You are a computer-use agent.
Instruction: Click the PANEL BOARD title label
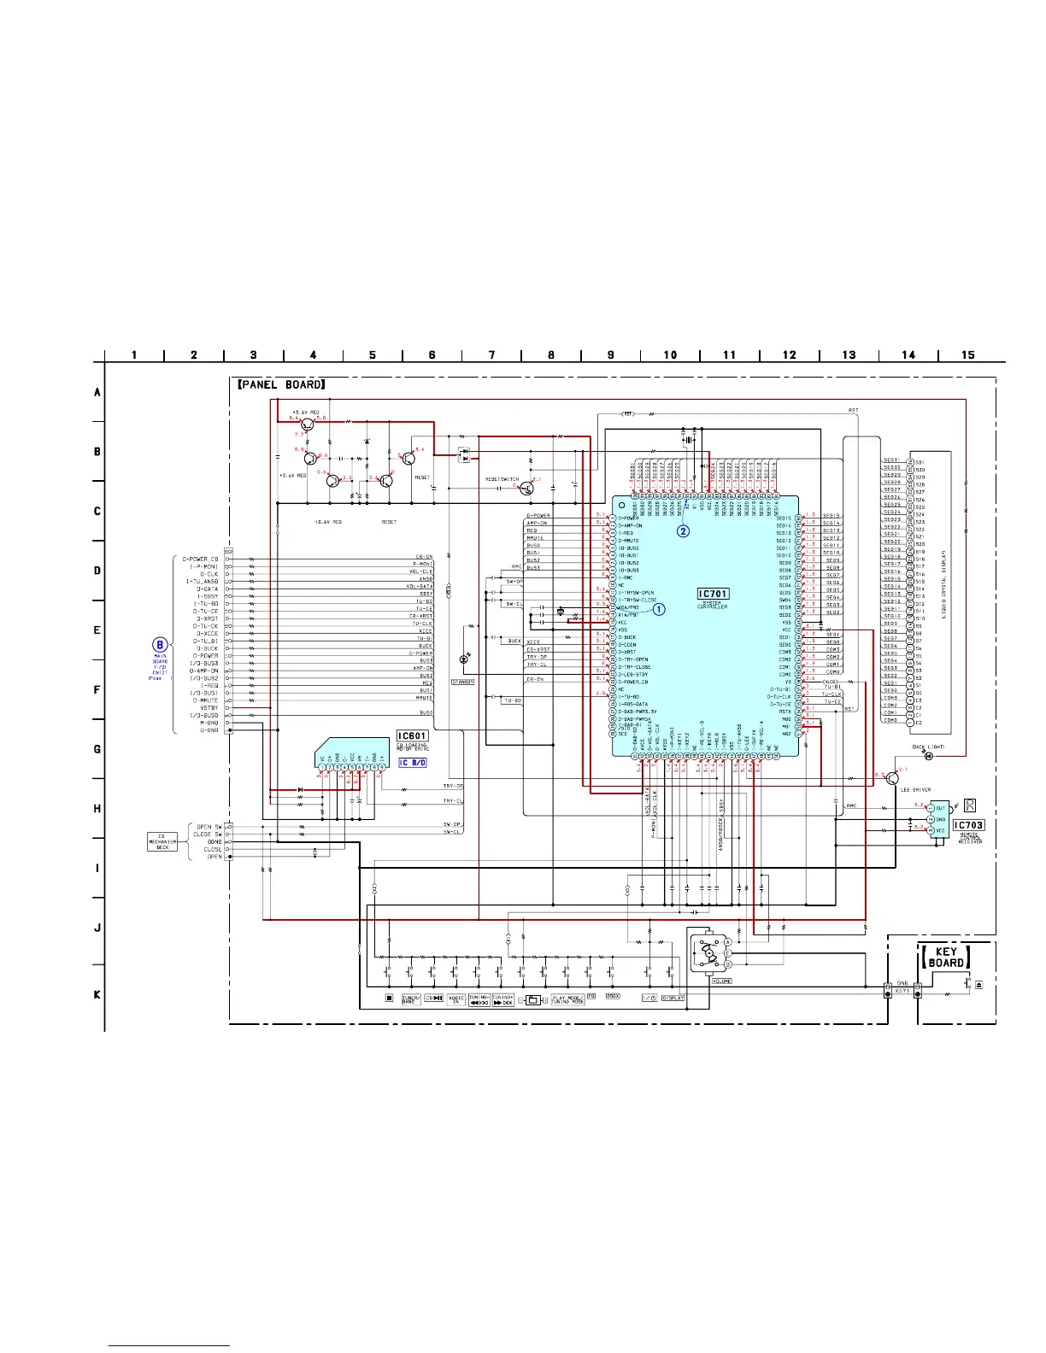pos(280,384)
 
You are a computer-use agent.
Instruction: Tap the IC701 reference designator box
pos(713,594)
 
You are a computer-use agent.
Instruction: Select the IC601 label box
pos(412,735)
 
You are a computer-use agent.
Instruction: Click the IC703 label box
pos(968,825)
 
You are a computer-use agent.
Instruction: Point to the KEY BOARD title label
pos(946,957)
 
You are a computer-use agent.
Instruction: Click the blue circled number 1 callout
pos(659,609)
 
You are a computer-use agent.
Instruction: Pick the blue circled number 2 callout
pos(683,530)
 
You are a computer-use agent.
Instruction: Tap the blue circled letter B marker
pos(159,645)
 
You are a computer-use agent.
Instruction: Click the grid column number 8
pos(551,354)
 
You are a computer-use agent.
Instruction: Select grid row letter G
pos(97,749)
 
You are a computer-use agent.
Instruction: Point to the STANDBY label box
pos(462,682)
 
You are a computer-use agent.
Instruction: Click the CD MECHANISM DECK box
pos(162,842)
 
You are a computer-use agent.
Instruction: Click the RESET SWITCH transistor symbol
pos(527,487)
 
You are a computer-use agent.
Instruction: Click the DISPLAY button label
pos(673,998)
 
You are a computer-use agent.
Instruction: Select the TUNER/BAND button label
pos(411,999)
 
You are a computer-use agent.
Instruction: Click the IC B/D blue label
pos(413,762)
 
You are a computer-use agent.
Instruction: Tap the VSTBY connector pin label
pos(209,707)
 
